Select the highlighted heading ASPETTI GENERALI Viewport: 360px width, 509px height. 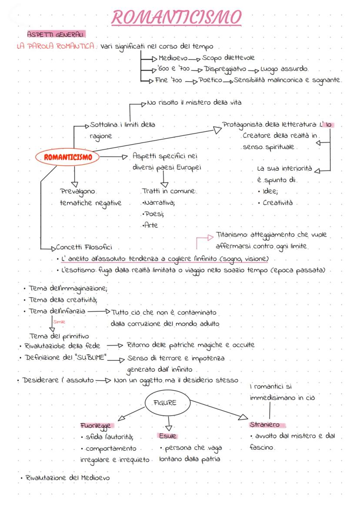point(55,34)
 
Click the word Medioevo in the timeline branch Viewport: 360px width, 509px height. point(172,58)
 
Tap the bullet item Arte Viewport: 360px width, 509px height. point(150,225)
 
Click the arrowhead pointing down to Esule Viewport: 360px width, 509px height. point(168,427)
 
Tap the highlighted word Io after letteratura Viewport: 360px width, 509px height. point(329,125)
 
